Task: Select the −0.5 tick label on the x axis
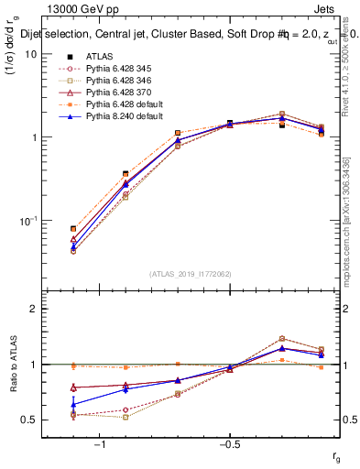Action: click(229, 444)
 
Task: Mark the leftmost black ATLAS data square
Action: click(73, 229)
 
